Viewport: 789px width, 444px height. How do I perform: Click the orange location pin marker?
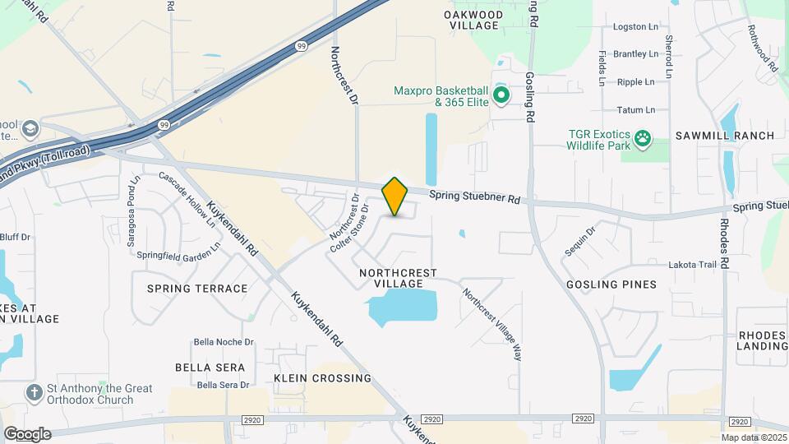395,197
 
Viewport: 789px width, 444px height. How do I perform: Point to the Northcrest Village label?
399,278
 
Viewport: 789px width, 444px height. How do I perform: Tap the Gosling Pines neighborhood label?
611,284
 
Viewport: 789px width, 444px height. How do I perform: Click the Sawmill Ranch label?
725,136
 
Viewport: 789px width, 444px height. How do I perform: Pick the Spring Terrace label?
197,289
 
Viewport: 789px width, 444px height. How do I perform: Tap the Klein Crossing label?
322,378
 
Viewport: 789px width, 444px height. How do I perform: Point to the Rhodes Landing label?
763,340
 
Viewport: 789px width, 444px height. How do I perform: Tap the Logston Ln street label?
635,27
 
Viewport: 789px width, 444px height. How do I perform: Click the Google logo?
27,434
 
